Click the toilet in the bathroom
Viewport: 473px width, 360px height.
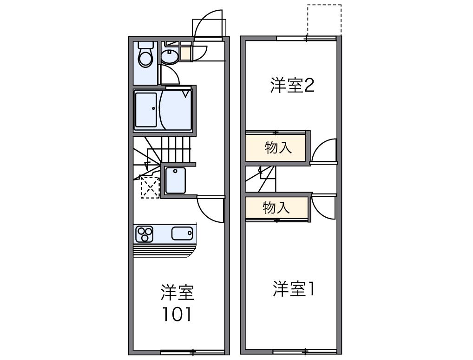click(146, 55)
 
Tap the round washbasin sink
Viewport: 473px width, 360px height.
click(170, 57)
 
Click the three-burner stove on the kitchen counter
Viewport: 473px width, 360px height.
click(145, 233)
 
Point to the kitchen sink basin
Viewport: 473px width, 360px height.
click(182, 233)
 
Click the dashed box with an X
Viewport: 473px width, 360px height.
click(150, 187)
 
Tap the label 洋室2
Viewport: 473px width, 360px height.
click(292, 86)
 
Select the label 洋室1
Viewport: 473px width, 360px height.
click(294, 289)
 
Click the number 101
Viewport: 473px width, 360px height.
click(177, 315)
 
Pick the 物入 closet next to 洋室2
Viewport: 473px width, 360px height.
click(277, 148)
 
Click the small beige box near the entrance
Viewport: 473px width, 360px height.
click(185, 54)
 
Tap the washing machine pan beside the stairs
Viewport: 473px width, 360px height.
click(175, 180)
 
